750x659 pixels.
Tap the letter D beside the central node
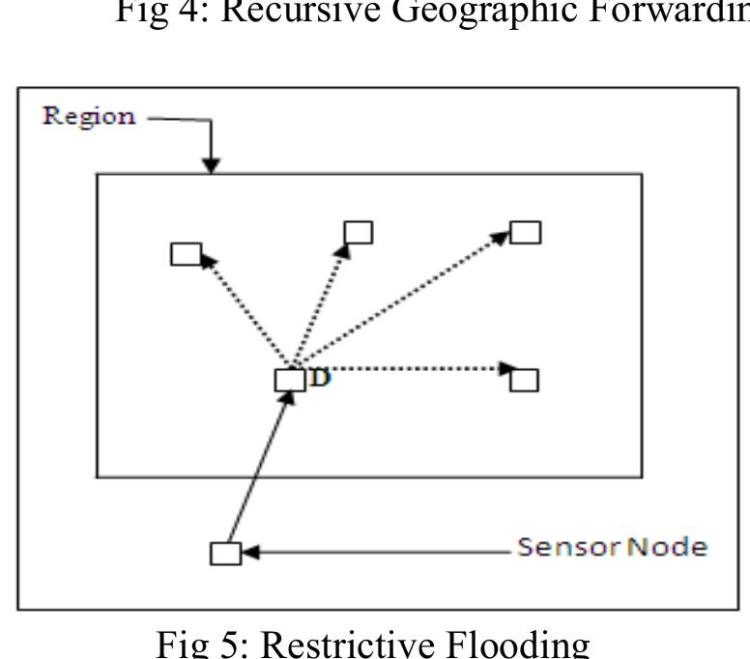click(x=320, y=378)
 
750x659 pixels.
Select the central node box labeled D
click(x=290, y=380)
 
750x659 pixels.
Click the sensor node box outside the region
click(x=225, y=553)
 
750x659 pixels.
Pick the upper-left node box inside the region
click(x=186, y=254)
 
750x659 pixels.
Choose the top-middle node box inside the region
click(x=359, y=232)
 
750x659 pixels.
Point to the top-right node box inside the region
click(x=526, y=232)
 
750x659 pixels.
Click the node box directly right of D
click(x=524, y=380)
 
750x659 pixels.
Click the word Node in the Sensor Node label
click(x=667, y=548)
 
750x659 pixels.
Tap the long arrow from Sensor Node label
click(x=377, y=553)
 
